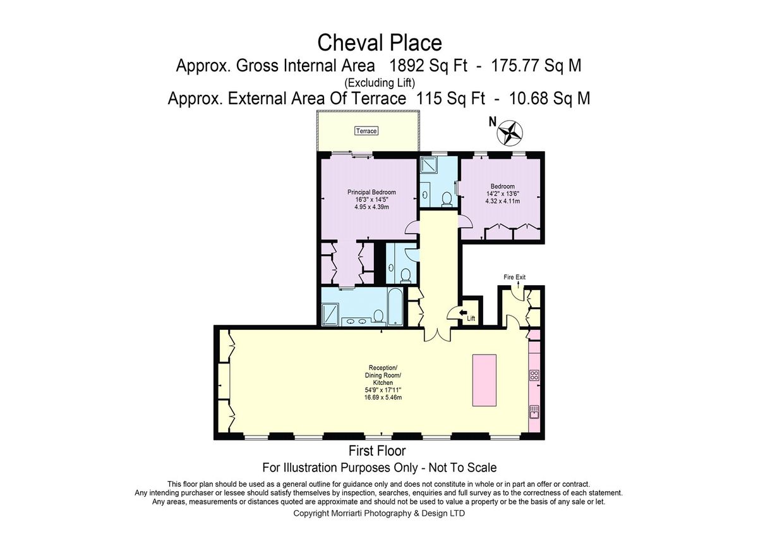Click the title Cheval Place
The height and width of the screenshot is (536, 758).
pos(379,43)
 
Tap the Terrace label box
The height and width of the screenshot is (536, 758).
pos(366,131)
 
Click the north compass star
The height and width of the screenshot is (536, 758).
pos(510,133)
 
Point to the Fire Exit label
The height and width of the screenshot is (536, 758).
pos(514,277)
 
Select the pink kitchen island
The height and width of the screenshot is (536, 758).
pos(484,380)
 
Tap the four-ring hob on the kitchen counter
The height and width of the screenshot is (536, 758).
pos(534,377)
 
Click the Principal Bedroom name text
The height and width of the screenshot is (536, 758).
pos(371,192)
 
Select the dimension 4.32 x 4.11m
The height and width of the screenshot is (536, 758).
pos(502,201)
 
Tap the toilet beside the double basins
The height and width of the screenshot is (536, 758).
pos(378,315)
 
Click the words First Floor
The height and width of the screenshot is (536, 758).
pos(377,451)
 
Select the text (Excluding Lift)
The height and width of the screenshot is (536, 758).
pos(379,82)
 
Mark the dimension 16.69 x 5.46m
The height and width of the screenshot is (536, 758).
pos(381,398)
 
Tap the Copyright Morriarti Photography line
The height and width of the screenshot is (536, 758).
pos(379,514)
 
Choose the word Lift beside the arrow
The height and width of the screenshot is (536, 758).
pos(471,319)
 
